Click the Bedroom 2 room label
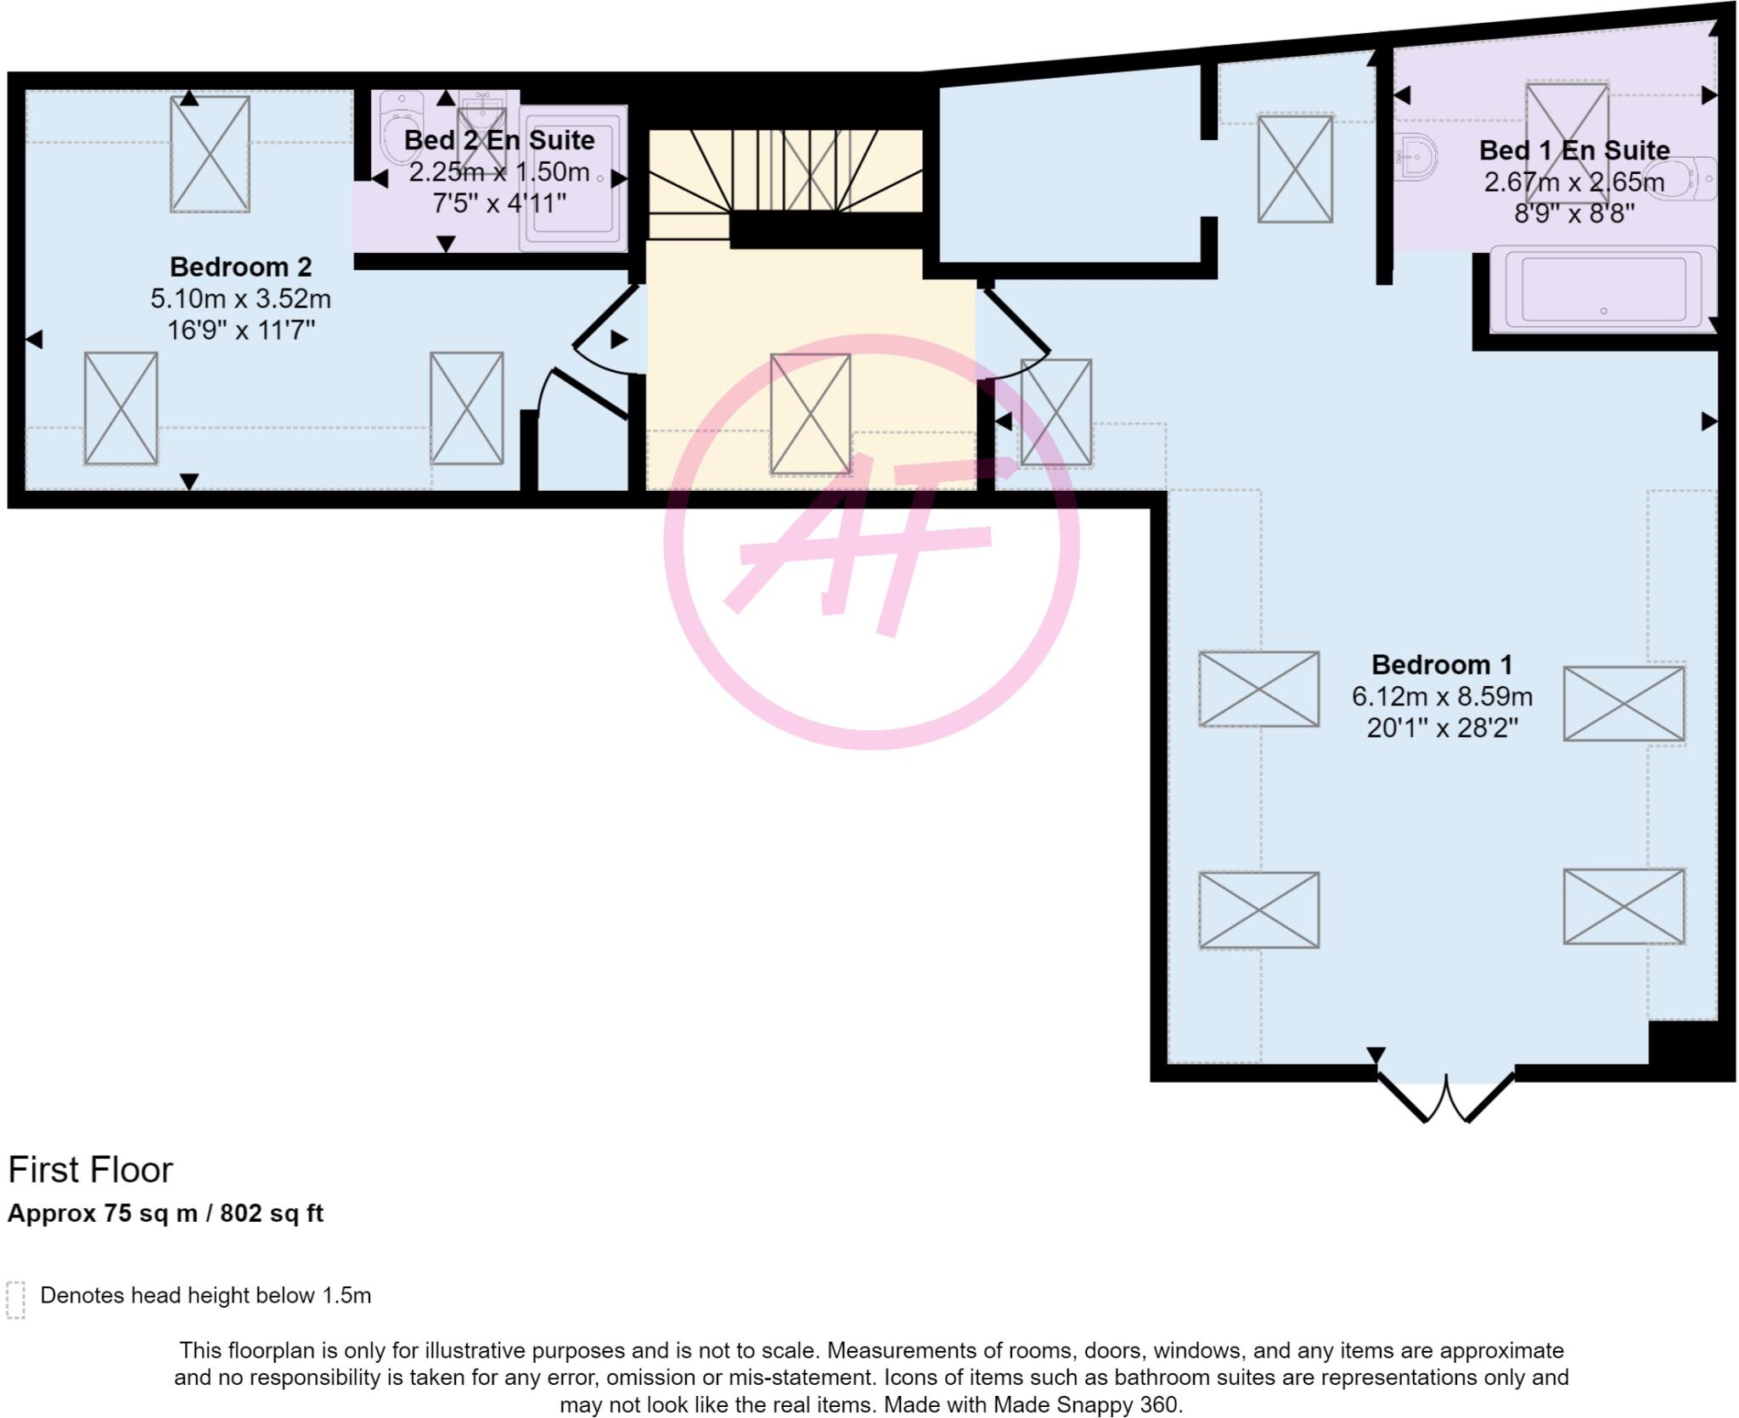[x=240, y=267]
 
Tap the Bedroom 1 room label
[x=1442, y=664]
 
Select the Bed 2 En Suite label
[x=498, y=140]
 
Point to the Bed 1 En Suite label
[x=1573, y=150]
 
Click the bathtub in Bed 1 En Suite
[x=1603, y=289]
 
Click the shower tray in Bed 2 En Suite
[x=573, y=178]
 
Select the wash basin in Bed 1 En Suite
[x=1416, y=157]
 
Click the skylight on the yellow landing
[x=810, y=414]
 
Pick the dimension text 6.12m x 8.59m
[x=1442, y=696]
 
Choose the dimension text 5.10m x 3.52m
[x=240, y=299]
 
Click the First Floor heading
[x=90, y=1170]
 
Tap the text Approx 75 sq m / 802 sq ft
[x=166, y=1213]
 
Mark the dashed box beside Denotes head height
[x=15, y=1300]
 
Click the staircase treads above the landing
[x=785, y=170]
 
